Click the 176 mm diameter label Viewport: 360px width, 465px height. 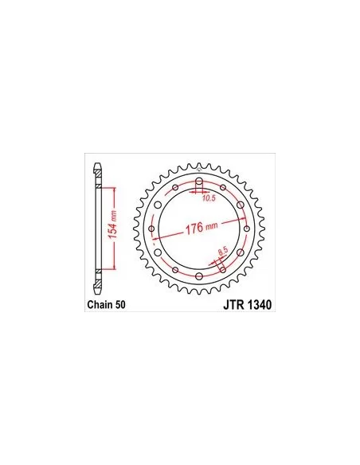[x=202, y=228]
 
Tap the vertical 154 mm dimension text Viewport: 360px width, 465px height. [x=112, y=225]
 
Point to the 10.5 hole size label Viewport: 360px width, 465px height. [x=209, y=198]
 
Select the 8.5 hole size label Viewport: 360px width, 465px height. [x=223, y=252]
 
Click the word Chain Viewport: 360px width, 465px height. [x=100, y=305]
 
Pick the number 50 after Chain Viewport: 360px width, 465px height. [x=120, y=305]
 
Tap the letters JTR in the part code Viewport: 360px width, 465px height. [x=233, y=305]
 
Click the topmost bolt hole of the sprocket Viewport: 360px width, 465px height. [x=199, y=182]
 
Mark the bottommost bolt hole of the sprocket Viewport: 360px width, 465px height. [x=199, y=276]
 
